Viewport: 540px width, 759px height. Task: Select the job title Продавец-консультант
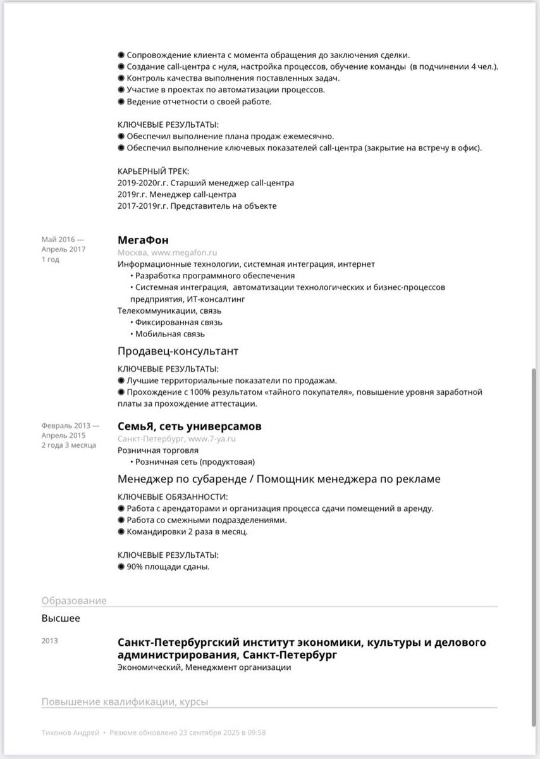point(178,350)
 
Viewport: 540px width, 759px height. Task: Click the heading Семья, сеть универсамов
point(189,426)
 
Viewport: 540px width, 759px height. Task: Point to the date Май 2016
point(58,239)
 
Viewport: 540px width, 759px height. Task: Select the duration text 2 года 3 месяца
point(69,445)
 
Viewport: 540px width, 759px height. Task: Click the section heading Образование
point(74,600)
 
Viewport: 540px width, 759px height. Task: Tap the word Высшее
point(61,618)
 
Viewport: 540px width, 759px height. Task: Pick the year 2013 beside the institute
point(50,641)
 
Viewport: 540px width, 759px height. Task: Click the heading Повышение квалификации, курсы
point(125,701)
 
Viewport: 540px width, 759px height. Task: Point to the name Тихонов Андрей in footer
point(70,732)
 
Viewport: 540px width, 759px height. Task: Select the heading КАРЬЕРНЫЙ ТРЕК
point(153,171)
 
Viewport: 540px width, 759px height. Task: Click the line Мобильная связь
point(169,334)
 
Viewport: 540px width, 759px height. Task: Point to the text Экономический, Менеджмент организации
point(204,667)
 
